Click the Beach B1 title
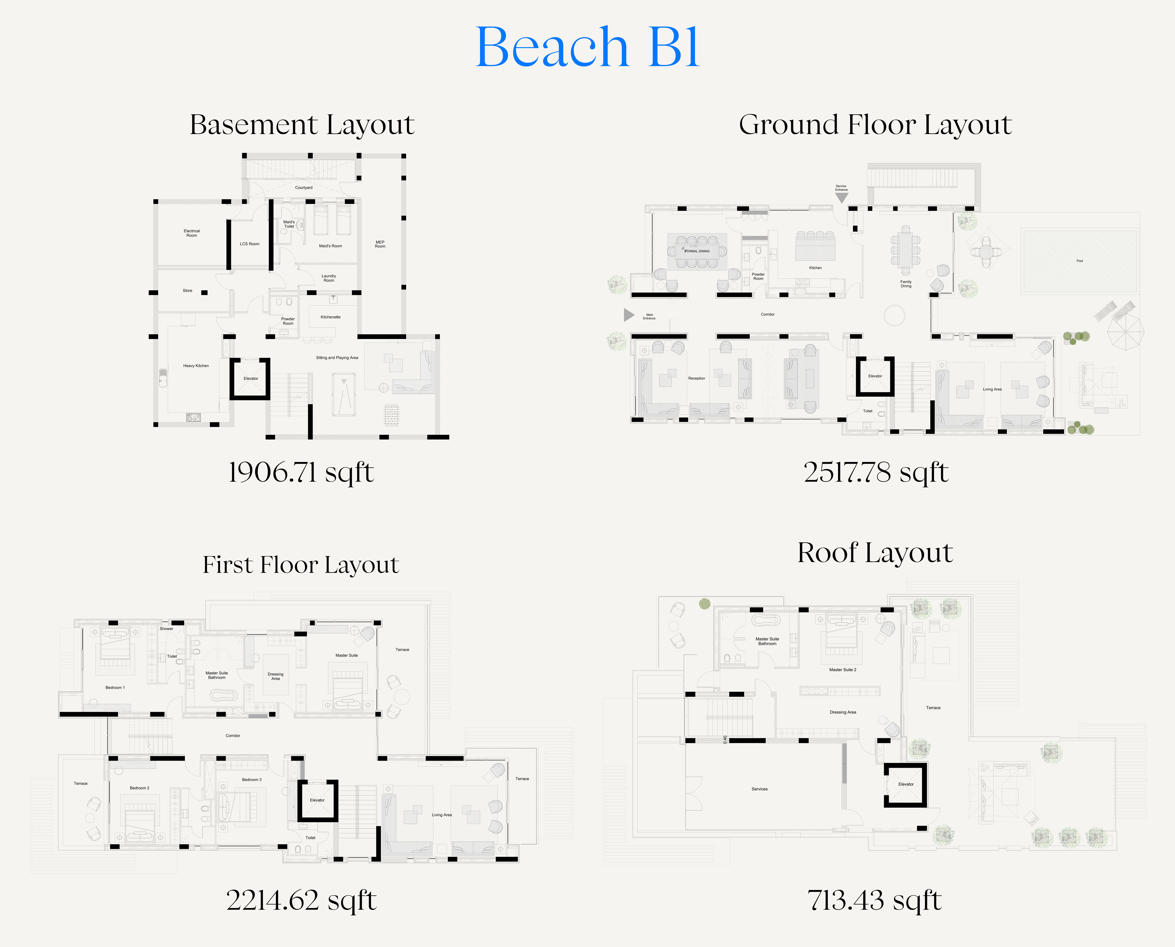pos(587,48)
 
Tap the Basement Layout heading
pos(302,125)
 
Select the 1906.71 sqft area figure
pos(301,472)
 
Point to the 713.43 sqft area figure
pos(874,901)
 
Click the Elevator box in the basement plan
pos(250,379)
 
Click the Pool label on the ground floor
pos(1080,261)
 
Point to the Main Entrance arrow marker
pos(629,315)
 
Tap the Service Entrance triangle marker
pos(842,197)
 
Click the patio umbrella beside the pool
pos(1125,332)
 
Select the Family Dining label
pos(906,284)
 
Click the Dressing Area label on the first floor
pos(275,676)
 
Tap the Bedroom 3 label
pos(251,780)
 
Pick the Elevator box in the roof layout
pos(906,784)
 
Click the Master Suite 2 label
pos(842,669)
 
